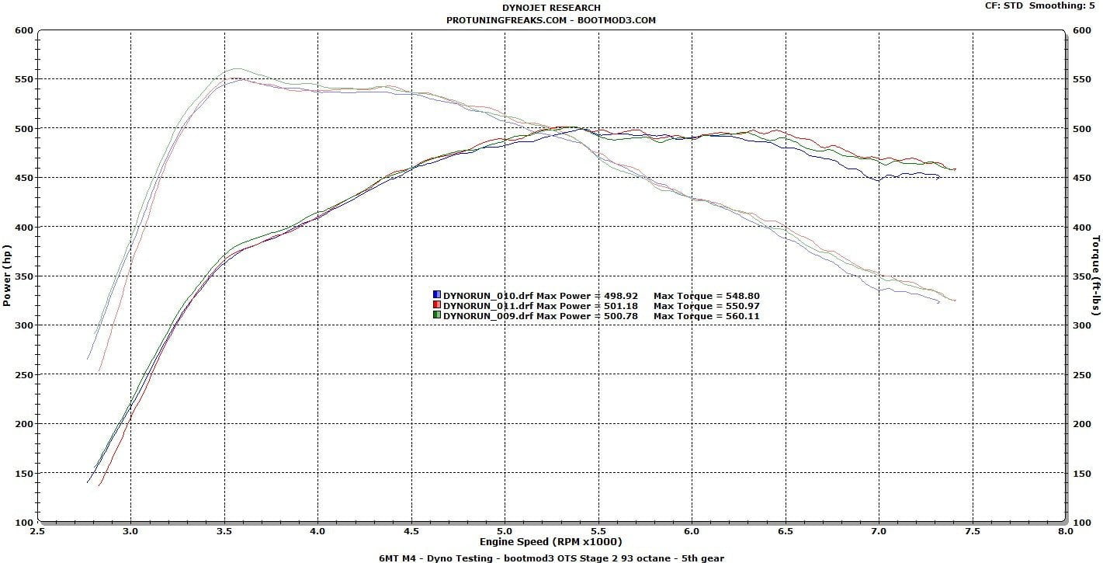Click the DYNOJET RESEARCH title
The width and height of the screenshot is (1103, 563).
[551, 8]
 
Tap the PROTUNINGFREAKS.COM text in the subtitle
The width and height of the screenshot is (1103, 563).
[506, 20]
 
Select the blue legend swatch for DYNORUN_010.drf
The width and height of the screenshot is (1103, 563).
[437, 296]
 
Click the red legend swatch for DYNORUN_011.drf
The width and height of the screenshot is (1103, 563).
[437, 306]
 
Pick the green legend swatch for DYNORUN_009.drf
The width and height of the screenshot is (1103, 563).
[437, 316]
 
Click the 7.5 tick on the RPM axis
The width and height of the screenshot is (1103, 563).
[972, 532]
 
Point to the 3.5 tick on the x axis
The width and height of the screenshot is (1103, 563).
[224, 532]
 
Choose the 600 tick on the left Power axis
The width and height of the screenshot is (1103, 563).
[23, 30]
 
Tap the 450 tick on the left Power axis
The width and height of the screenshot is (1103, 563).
[23, 178]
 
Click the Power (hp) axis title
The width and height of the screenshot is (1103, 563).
[8, 276]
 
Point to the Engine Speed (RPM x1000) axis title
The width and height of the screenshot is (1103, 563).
[550, 542]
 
